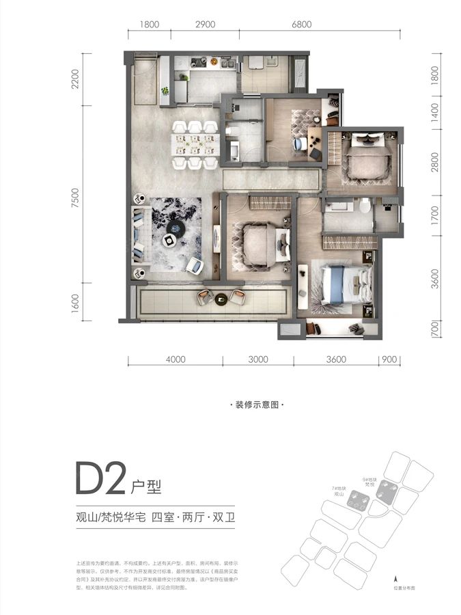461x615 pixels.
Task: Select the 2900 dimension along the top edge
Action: (205, 24)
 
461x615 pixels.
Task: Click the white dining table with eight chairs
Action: (195, 144)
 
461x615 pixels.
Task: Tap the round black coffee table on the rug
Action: (176, 228)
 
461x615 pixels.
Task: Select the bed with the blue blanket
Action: (339, 285)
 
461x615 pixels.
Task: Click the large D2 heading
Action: (101, 481)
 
